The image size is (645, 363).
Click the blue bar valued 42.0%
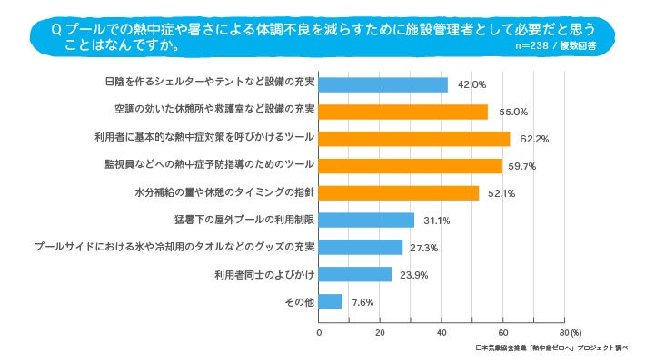[383, 84]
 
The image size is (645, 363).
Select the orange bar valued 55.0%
[403, 112]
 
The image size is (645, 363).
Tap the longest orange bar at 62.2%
[414, 139]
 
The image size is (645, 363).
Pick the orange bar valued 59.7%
[411, 166]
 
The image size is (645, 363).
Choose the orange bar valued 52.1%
[399, 193]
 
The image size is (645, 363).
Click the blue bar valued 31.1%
[367, 220]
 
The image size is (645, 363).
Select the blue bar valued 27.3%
[361, 247]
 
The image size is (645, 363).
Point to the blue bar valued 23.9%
[356, 274]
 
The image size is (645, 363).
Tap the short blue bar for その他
[331, 301]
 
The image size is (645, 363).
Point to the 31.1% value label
[436, 221]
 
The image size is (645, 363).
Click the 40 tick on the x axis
[442, 332]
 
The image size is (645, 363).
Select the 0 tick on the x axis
[320, 332]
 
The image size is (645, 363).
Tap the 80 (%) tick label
[571, 332]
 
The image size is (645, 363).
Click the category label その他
[300, 301]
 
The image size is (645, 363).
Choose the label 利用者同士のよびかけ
[264, 274]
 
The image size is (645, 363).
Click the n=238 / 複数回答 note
[554, 44]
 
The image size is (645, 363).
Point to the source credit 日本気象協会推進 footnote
[551, 348]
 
